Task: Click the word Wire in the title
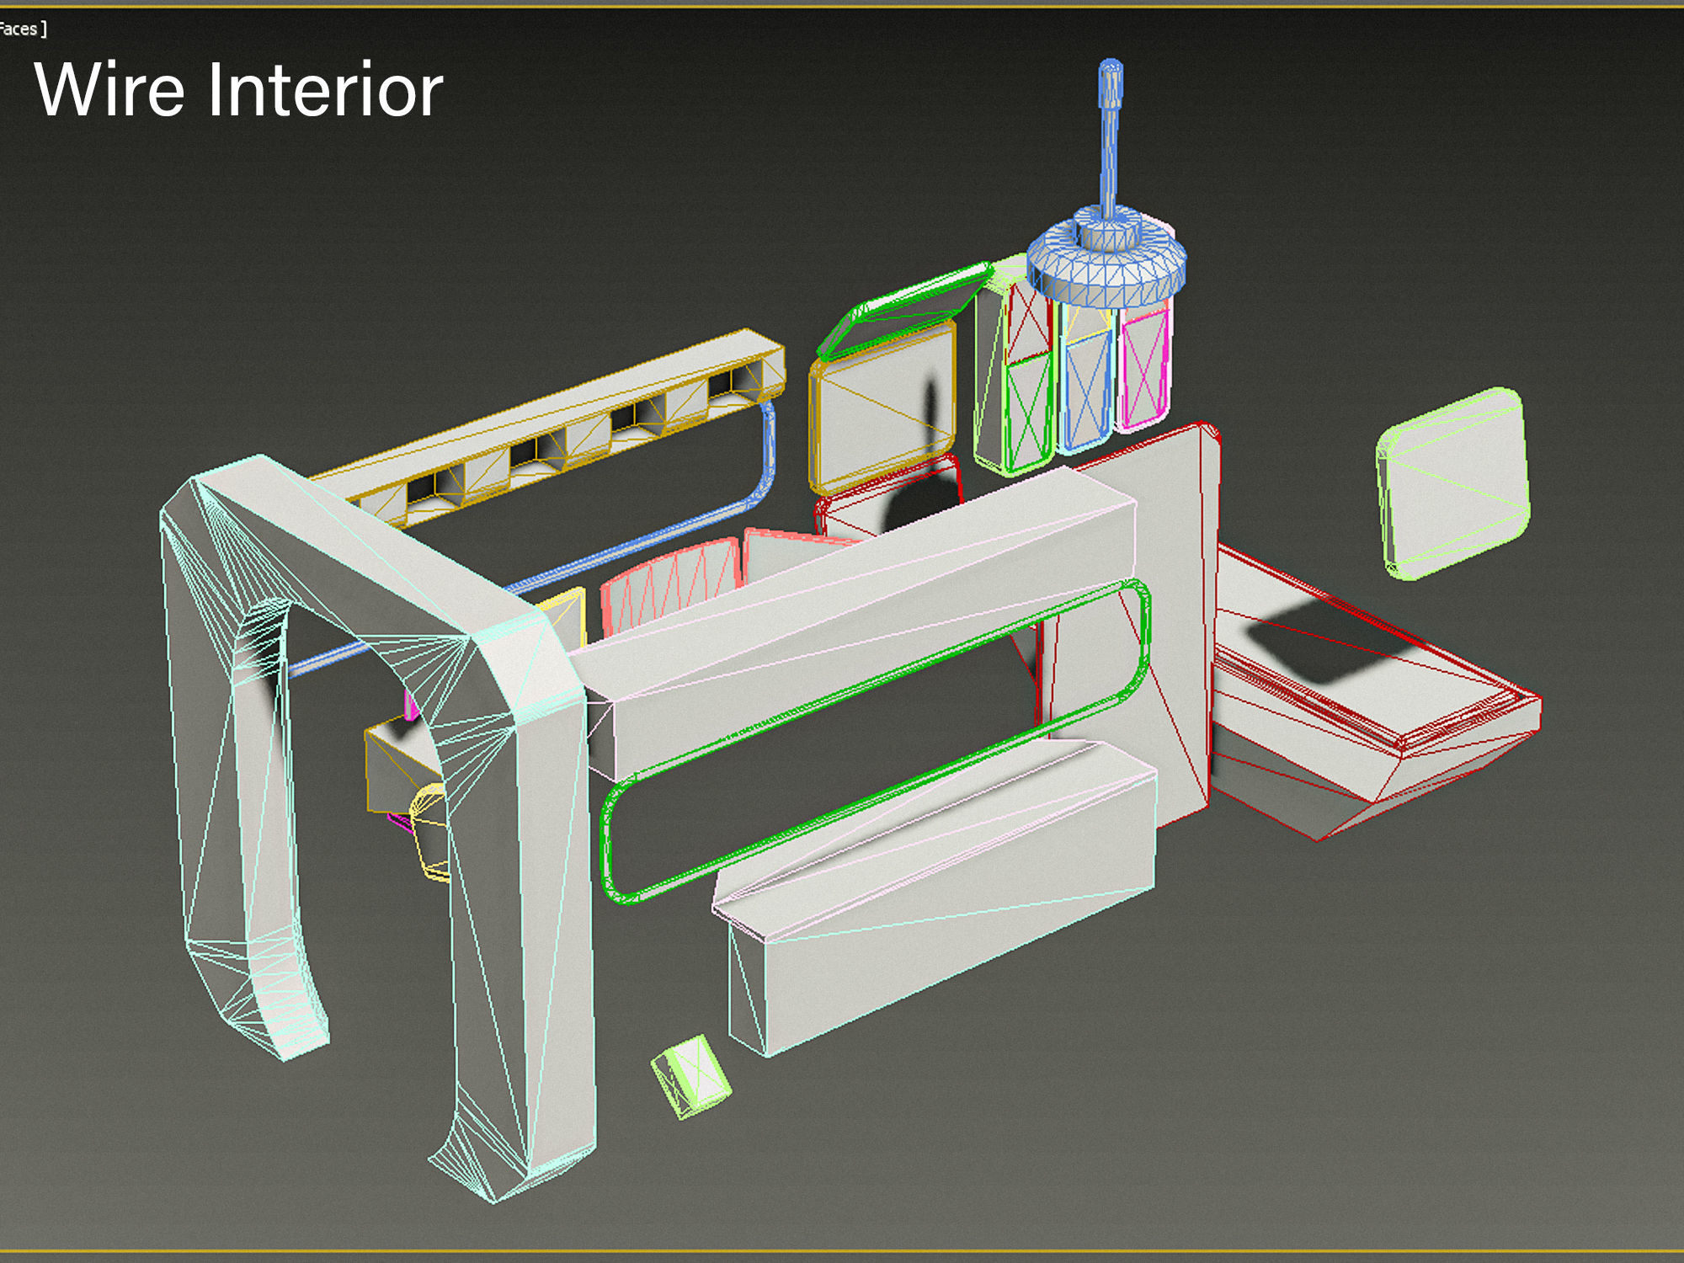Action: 109,89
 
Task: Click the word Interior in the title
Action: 325,89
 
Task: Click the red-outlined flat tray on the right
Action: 1372,699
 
